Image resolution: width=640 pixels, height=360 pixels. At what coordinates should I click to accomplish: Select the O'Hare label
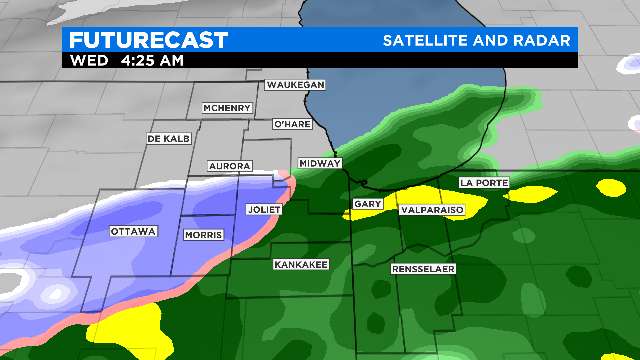coord(293,125)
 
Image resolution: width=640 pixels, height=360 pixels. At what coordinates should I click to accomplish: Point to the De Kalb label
coord(167,138)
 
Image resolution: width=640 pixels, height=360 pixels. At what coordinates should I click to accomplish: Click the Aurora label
coord(229,165)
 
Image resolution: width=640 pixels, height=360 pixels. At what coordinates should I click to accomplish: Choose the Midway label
coord(321,163)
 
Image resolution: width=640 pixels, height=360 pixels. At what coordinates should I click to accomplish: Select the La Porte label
coord(484,183)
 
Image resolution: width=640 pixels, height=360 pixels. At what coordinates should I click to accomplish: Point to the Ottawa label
coord(133,232)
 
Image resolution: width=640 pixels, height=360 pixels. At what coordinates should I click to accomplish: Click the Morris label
coord(203,235)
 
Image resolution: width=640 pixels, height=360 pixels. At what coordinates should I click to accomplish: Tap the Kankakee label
coord(300,265)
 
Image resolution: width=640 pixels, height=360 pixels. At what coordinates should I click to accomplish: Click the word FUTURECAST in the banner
coord(149,40)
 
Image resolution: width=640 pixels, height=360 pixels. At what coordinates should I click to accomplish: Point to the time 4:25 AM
coord(151,60)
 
